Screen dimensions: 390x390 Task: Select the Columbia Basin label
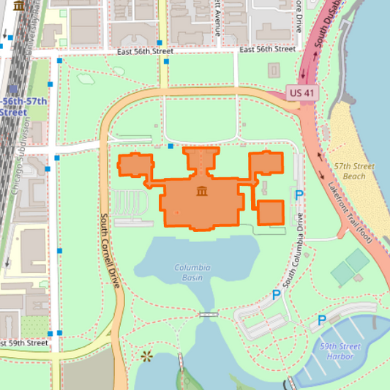pyautogui.click(x=192, y=273)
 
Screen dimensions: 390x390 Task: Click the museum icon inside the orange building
pyautogui.click(x=201, y=192)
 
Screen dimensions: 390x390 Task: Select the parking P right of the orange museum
pyautogui.click(x=299, y=195)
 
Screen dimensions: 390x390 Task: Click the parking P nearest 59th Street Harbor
pyautogui.click(x=322, y=320)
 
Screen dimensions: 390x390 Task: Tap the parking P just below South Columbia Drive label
pyautogui.click(x=276, y=295)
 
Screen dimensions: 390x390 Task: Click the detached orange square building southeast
pyautogui.click(x=270, y=212)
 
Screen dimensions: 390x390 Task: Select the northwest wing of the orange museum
pyautogui.click(x=135, y=165)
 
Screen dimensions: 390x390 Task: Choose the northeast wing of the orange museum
pyautogui.click(x=266, y=162)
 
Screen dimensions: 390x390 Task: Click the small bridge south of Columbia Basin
pyautogui.click(x=209, y=314)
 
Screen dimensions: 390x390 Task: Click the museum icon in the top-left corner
pyautogui.click(x=18, y=6)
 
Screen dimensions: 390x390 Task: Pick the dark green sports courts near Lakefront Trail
pyautogui.click(x=350, y=267)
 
